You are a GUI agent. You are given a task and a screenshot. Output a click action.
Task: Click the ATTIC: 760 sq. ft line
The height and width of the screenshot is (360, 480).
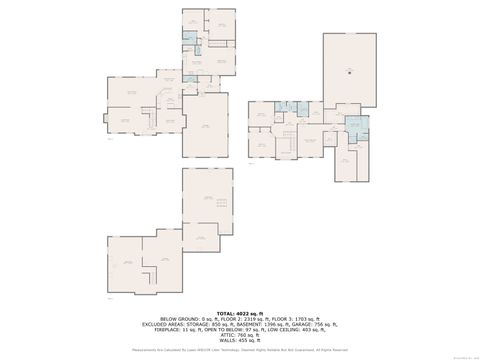[239, 337]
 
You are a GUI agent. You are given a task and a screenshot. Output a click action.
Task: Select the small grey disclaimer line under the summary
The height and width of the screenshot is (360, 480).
[239, 350]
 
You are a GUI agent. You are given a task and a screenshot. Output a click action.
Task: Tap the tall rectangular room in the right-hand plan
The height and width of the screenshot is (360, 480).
[350, 70]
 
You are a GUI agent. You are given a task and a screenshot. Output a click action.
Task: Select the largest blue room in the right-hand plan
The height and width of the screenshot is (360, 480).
[357, 126]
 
